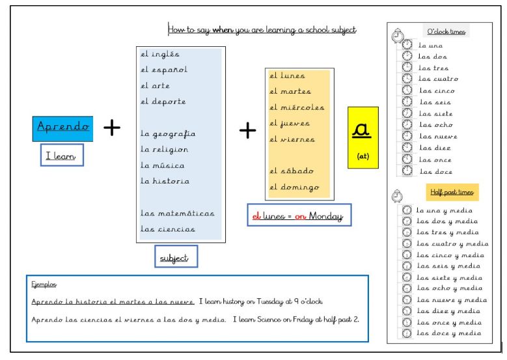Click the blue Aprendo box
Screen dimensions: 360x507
(x=63, y=128)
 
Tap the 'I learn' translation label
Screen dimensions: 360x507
(x=61, y=156)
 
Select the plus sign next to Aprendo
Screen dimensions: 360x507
(x=112, y=128)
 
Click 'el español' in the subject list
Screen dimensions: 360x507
(x=164, y=70)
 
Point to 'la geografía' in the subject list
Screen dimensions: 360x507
(x=168, y=134)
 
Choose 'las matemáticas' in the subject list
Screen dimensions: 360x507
(x=177, y=214)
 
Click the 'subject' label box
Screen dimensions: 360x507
(x=175, y=258)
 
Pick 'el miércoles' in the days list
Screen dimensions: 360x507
(x=297, y=107)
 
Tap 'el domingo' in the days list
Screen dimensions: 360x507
(x=294, y=187)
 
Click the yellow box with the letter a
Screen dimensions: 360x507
(x=363, y=138)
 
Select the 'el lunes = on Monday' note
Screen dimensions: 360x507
(x=299, y=215)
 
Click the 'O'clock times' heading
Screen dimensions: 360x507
(x=446, y=32)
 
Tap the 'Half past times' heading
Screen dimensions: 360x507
(x=452, y=192)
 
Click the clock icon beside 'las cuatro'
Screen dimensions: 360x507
(x=407, y=79)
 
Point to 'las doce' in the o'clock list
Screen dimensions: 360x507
(x=435, y=172)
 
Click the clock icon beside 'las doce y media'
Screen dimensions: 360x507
(x=407, y=333)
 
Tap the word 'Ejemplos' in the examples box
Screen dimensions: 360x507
(x=44, y=284)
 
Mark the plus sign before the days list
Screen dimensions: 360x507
(x=247, y=131)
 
